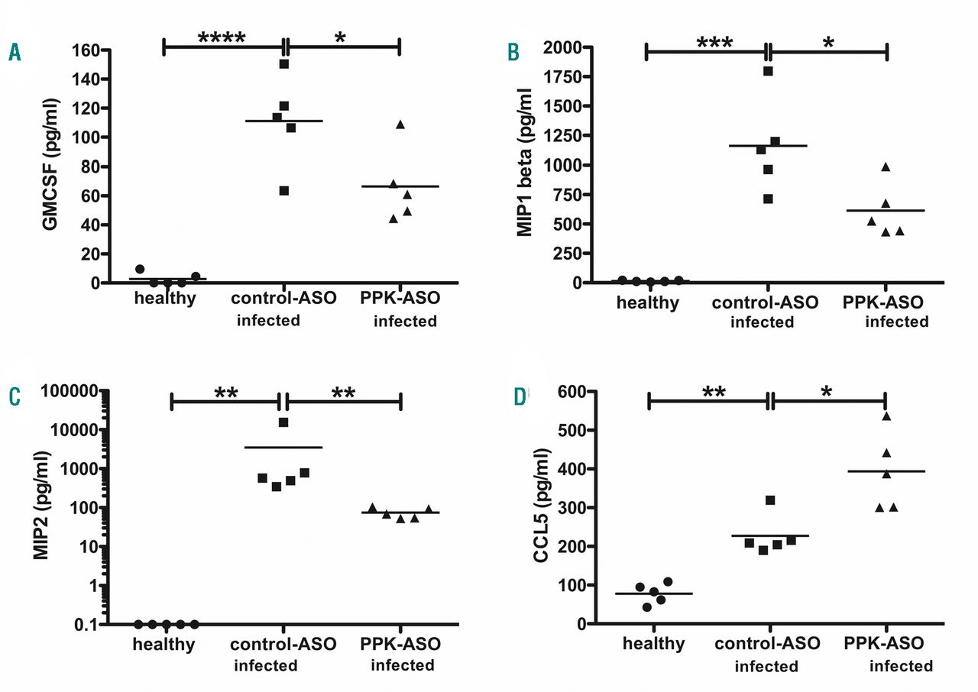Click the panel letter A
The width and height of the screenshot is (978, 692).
pos(15,53)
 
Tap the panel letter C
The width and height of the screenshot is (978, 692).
pos(15,397)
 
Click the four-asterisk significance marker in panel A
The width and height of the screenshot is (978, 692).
pos(222,37)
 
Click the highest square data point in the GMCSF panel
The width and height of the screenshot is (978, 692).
pos(283,64)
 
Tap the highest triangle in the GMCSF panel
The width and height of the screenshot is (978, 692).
pos(400,124)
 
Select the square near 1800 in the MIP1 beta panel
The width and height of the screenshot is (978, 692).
pos(768,71)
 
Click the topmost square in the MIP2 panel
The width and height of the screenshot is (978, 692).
pos(283,422)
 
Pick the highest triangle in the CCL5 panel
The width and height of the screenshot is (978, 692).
pos(886,416)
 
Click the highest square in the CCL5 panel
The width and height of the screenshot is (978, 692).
pos(769,500)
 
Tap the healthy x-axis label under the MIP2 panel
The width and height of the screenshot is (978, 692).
pos(164,644)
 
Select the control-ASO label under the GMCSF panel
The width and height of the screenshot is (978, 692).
pos(282,299)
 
